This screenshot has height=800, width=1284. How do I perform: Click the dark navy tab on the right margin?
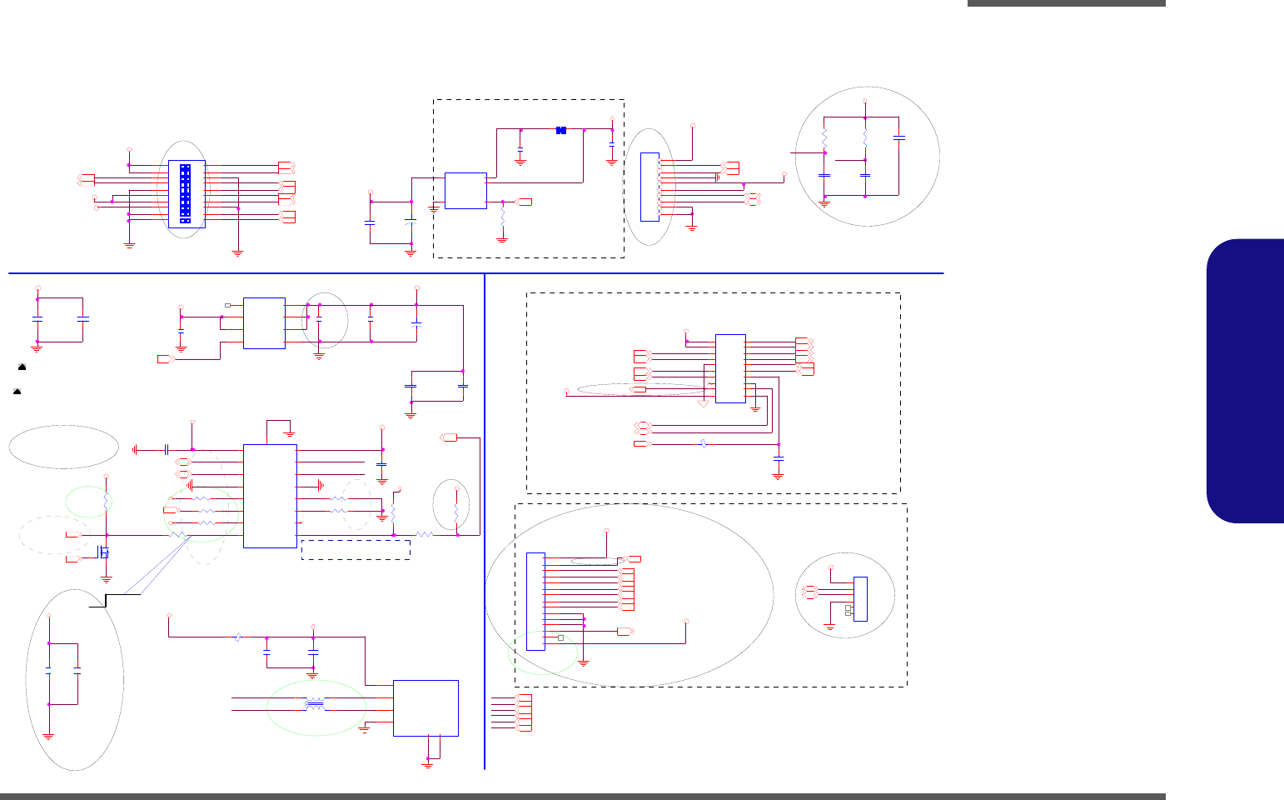click(1245, 380)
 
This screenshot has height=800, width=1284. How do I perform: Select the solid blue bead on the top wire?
click(561, 130)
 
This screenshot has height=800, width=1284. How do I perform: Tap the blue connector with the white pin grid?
click(186, 193)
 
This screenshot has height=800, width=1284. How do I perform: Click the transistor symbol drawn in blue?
click(103, 552)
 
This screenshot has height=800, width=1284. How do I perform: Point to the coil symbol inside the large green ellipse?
click(315, 705)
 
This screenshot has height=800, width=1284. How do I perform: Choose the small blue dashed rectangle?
click(356, 549)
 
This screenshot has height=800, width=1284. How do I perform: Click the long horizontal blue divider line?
click(475, 272)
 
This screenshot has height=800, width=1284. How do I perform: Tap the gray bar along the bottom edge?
click(583, 796)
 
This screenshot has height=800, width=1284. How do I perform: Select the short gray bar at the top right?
click(1066, 3)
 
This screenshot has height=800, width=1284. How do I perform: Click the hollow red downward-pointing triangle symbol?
click(704, 403)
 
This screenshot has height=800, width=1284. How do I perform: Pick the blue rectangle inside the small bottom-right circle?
click(860, 598)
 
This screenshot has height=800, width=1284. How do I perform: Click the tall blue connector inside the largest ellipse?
click(535, 602)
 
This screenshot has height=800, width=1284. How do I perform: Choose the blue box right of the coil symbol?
click(426, 707)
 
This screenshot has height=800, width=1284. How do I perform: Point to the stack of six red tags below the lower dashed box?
click(524, 712)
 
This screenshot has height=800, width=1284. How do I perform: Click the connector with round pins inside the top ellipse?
click(649, 187)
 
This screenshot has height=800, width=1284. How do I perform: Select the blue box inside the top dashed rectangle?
click(465, 191)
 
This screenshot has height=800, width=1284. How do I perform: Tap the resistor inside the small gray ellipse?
click(456, 504)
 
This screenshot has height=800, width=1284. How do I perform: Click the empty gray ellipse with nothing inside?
click(63, 447)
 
